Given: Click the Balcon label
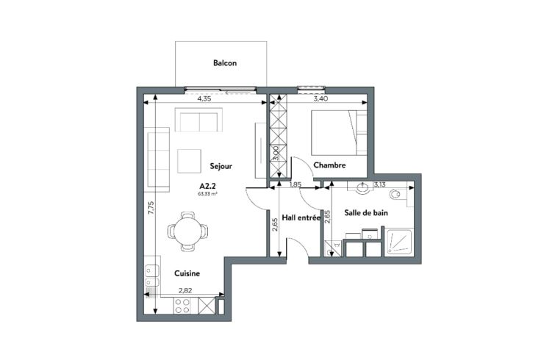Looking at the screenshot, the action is [225, 63].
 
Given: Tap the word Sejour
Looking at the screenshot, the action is [221, 166].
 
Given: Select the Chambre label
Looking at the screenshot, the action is [329, 165].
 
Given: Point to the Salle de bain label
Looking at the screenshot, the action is [366, 213].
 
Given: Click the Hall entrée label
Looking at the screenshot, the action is [301, 217].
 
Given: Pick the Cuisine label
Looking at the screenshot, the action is [187, 273].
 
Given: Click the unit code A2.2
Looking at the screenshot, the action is [208, 186].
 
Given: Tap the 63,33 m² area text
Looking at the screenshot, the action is [207, 194].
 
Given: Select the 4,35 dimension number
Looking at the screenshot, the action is [204, 98].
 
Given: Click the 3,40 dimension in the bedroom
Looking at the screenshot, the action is [320, 98].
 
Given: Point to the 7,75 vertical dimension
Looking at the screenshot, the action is [151, 208].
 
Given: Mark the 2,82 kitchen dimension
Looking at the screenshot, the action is [185, 290].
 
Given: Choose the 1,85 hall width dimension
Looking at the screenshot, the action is [295, 184].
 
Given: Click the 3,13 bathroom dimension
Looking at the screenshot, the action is [379, 185].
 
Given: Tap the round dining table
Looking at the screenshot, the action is [187, 231].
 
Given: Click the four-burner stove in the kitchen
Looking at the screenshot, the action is [183, 306].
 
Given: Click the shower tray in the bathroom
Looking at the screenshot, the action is [398, 242].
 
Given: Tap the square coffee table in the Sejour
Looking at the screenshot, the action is [189, 161].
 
